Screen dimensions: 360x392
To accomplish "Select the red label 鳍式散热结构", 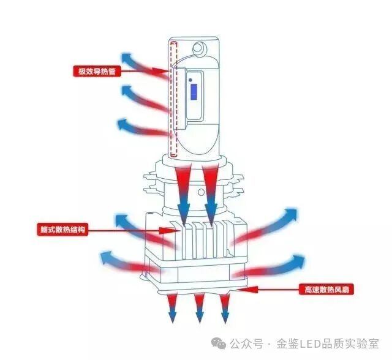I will [63, 230].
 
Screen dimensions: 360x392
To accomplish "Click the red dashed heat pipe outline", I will [173, 98].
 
